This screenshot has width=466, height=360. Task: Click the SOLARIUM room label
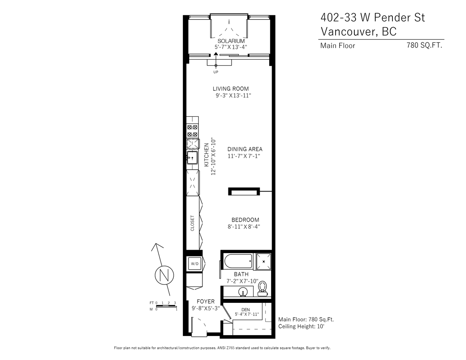(231, 41)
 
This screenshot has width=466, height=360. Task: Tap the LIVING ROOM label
(231, 88)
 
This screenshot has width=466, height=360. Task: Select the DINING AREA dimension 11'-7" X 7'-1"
(244, 156)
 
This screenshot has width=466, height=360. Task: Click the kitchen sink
(192, 158)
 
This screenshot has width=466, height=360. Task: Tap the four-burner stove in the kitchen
(192, 130)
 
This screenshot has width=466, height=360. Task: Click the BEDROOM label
(245, 220)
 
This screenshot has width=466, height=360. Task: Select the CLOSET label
(192, 223)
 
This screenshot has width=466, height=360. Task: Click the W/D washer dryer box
(195, 264)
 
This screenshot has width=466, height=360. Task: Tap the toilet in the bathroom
(262, 288)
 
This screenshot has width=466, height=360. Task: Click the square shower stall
(264, 262)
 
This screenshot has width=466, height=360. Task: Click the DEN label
(246, 310)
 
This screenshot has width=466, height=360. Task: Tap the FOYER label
(206, 302)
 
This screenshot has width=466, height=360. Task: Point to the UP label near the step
(216, 72)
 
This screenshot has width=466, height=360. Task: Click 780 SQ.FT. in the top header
(424, 45)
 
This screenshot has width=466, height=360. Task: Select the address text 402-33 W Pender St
(373, 18)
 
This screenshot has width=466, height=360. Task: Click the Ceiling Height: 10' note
(301, 326)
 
